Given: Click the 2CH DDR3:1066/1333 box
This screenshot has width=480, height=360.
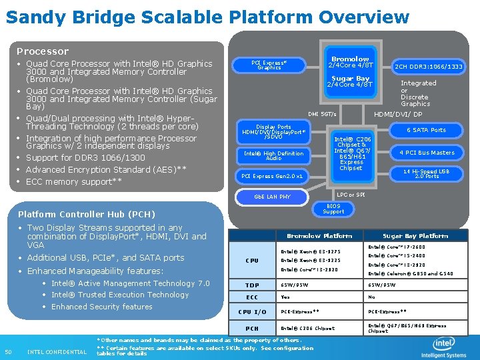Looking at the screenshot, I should tap(428, 67).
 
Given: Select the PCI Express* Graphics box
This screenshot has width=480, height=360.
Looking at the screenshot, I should tap(269, 65).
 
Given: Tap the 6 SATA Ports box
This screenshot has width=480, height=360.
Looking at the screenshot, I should tap(427, 130).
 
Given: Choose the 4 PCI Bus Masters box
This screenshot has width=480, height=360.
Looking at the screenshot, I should tap(427, 153).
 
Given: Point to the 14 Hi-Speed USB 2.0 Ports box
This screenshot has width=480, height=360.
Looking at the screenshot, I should tap(427, 173).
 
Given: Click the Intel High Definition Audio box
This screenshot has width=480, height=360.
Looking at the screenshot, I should tap(273, 156).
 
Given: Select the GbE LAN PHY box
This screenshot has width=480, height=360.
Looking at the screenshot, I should tap(273, 197).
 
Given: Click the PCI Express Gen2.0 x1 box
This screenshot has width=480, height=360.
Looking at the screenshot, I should tap(272, 176).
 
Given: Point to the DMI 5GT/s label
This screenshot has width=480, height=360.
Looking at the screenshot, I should tap(322, 114).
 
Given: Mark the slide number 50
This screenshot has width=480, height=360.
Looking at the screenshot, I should tap(9, 352).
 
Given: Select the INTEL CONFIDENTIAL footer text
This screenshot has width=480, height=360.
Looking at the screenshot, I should tap(57, 352).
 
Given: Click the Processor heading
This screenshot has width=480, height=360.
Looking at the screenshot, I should tap(43, 51).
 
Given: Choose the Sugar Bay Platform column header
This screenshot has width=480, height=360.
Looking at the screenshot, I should tap(415, 236).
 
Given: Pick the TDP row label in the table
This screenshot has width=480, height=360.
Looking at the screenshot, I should tap(252, 285).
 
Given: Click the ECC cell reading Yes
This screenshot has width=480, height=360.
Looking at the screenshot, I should tap(286, 297).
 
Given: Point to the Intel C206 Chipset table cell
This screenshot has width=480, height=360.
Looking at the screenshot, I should tap(308, 328).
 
